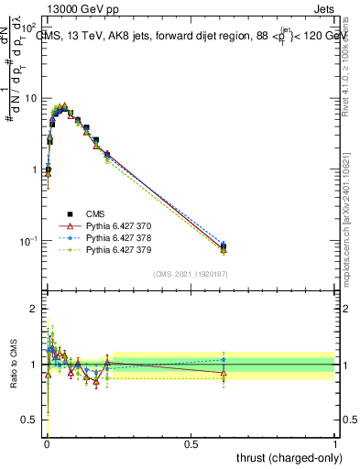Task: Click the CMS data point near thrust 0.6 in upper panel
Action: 224,245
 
